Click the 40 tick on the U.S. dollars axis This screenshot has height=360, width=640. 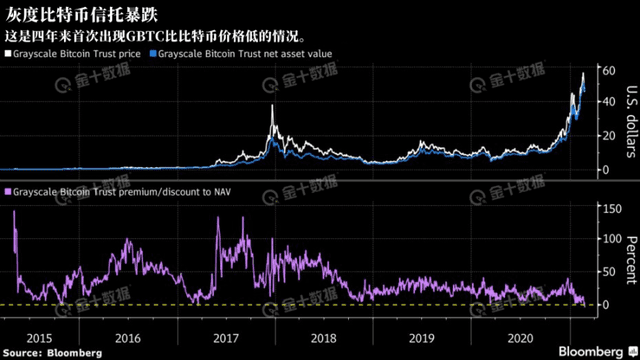point(603,102)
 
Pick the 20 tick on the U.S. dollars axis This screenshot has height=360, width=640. point(603,136)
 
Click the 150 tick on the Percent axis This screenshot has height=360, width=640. point(606,207)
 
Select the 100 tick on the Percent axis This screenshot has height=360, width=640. point(606,239)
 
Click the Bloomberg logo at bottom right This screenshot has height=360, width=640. point(596,351)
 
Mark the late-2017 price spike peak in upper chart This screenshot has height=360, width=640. point(272,106)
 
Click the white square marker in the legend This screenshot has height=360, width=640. point(10,51)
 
